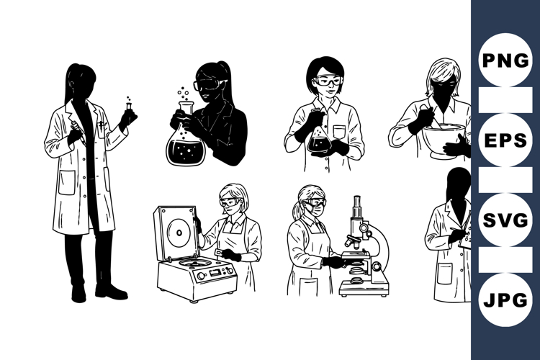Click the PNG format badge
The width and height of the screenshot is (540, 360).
pyautogui.click(x=505, y=60)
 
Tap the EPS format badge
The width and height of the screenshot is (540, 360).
pyautogui.click(x=505, y=140)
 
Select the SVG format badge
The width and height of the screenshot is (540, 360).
pyautogui.click(x=505, y=220)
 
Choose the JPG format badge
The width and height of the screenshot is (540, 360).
pyautogui.click(x=505, y=300)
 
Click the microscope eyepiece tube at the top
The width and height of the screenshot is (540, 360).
pyautogui.click(x=357, y=207)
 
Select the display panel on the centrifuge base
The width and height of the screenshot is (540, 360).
pyautogui.click(x=215, y=273)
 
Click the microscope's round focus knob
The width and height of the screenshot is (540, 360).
pyautogui.click(x=377, y=266)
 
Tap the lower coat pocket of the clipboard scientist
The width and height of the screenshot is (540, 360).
pyautogui.click(x=444, y=273)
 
